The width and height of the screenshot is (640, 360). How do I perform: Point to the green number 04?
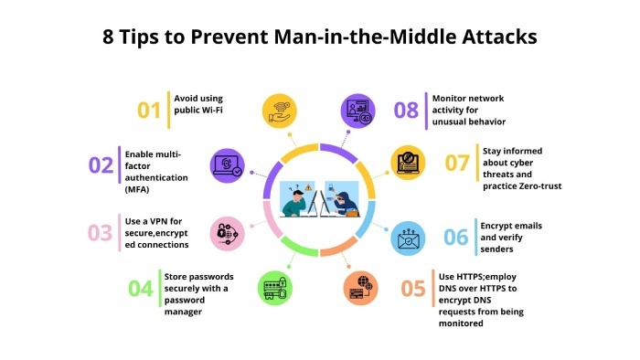tap(140, 289)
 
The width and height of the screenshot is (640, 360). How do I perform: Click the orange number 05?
tap(413, 289)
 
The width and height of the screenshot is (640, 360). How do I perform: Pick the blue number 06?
tap(456, 236)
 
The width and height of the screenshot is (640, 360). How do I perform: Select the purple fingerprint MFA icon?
tap(228, 164)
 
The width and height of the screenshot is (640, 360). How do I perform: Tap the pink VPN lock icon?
tap(227, 233)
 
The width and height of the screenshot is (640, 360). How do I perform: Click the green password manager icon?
tap(275, 287)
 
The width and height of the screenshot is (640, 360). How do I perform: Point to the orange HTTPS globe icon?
tap(360, 287)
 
